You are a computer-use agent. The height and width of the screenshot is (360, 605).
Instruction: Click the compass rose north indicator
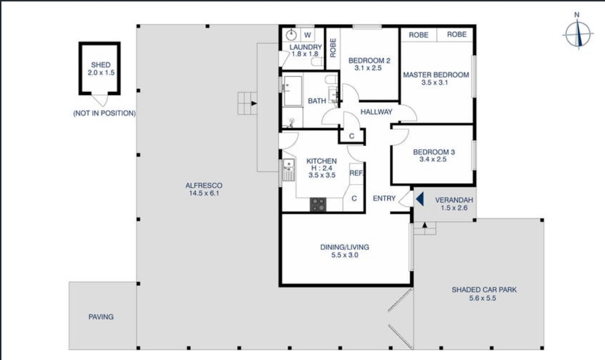pyautogui.click(x=576, y=15)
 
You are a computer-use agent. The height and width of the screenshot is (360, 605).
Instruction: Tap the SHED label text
pyautogui.click(x=101, y=65)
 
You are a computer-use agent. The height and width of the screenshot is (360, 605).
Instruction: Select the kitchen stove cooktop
pyautogui.click(x=318, y=205)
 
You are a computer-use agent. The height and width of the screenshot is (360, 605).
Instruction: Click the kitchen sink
pyautogui.click(x=289, y=170)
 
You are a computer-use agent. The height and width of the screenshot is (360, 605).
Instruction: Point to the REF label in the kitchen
pyautogui.click(x=356, y=173)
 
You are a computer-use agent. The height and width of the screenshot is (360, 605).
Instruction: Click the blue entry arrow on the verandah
pyautogui.click(x=420, y=199)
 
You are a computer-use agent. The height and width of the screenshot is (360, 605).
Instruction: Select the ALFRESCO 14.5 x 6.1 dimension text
pyautogui.click(x=204, y=193)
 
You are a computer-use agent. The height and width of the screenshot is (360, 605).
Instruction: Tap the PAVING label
pyautogui.click(x=101, y=317)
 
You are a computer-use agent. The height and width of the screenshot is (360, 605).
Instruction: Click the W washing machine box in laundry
pyautogui.click(x=307, y=35)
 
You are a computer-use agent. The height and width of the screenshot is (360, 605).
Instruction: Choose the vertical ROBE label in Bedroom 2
pyautogui.click(x=333, y=48)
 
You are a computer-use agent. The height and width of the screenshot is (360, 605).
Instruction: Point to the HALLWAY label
pyautogui.click(x=376, y=112)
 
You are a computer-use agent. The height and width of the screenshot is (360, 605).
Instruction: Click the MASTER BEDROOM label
pyautogui.click(x=436, y=74)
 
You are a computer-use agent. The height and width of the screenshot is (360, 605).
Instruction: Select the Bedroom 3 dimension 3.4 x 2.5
pyautogui.click(x=433, y=159)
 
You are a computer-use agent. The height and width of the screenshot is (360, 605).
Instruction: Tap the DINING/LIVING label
pyautogui.click(x=344, y=247)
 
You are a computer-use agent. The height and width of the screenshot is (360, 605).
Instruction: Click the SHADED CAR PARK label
pyautogui.click(x=484, y=290)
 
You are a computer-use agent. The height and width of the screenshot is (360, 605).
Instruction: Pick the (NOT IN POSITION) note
pyautogui.click(x=105, y=113)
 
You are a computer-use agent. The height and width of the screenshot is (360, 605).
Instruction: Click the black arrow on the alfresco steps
pyautogui.click(x=254, y=103)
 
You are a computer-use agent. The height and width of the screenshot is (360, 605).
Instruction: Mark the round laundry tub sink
pyautogui.click(x=291, y=34)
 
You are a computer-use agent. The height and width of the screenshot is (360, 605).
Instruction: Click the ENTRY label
pyautogui.click(x=384, y=198)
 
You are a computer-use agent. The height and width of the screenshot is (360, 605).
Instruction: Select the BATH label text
pyautogui.click(x=317, y=101)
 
